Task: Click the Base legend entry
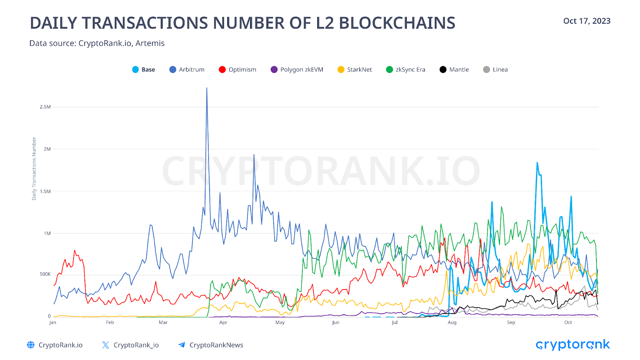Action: pyautogui.click(x=144, y=70)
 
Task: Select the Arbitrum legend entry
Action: pyautogui.click(x=187, y=70)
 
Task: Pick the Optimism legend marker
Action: pyautogui.click(x=222, y=70)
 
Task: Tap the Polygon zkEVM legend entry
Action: pyautogui.click(x=297, y=70)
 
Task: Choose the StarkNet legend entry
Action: pyautogui.click(x=355, y=70)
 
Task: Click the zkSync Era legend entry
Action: pyautogui.click(x=406, y=70)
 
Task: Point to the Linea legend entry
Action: pyautogui.click(x=496, y=70)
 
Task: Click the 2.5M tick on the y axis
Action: pyautogui.click(x=45, y=107)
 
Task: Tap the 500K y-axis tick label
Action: pyautogui.click(x=45, y=274)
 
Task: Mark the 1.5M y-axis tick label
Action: pyautogui.click(x=45, y=191)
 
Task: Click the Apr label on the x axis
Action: pyautogui.click(x=223, y=322)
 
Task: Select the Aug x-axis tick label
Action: pyautogui.click(x=452, y=322)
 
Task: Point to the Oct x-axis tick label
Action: pyautogui.click(x=568, y=322)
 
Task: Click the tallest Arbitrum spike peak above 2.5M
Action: pyautogui.click(x=207, y=88)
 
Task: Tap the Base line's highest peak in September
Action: pyautogui.click(x=537, y=163)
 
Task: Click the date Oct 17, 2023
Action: pyautogui.click(x=587, y=21)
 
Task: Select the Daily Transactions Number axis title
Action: pyautogui.click(x=34, y=168)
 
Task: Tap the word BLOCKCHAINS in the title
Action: pyautogui.click(x=397, y=23)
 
